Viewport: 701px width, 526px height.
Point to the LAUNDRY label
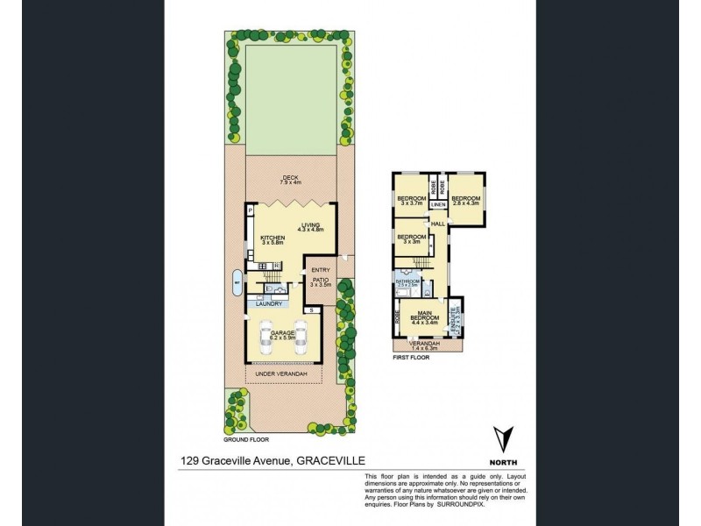269,304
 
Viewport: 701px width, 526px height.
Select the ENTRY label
321,270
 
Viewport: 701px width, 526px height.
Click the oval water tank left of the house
237,281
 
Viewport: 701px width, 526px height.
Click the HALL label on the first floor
438,224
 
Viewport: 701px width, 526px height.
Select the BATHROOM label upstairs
408,282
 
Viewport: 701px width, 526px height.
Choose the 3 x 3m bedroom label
411,238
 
